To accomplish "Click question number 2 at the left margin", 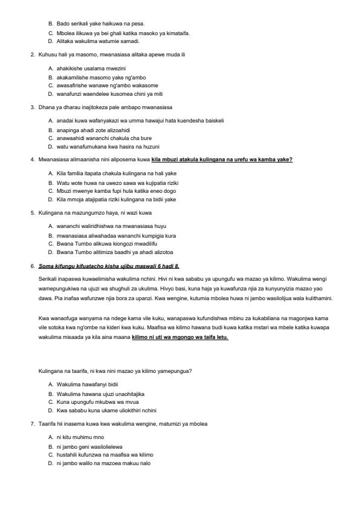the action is [33, 55].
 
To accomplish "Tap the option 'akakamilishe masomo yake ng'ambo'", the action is [97, 77].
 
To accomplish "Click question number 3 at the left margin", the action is [33, 107].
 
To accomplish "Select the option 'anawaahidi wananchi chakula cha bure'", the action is [100, 138].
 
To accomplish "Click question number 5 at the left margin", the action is [33, 212].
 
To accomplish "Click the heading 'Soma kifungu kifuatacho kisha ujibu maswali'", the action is [109, 266].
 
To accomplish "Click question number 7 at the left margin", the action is [33, 423].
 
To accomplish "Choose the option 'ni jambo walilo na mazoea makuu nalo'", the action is [99, 463].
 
